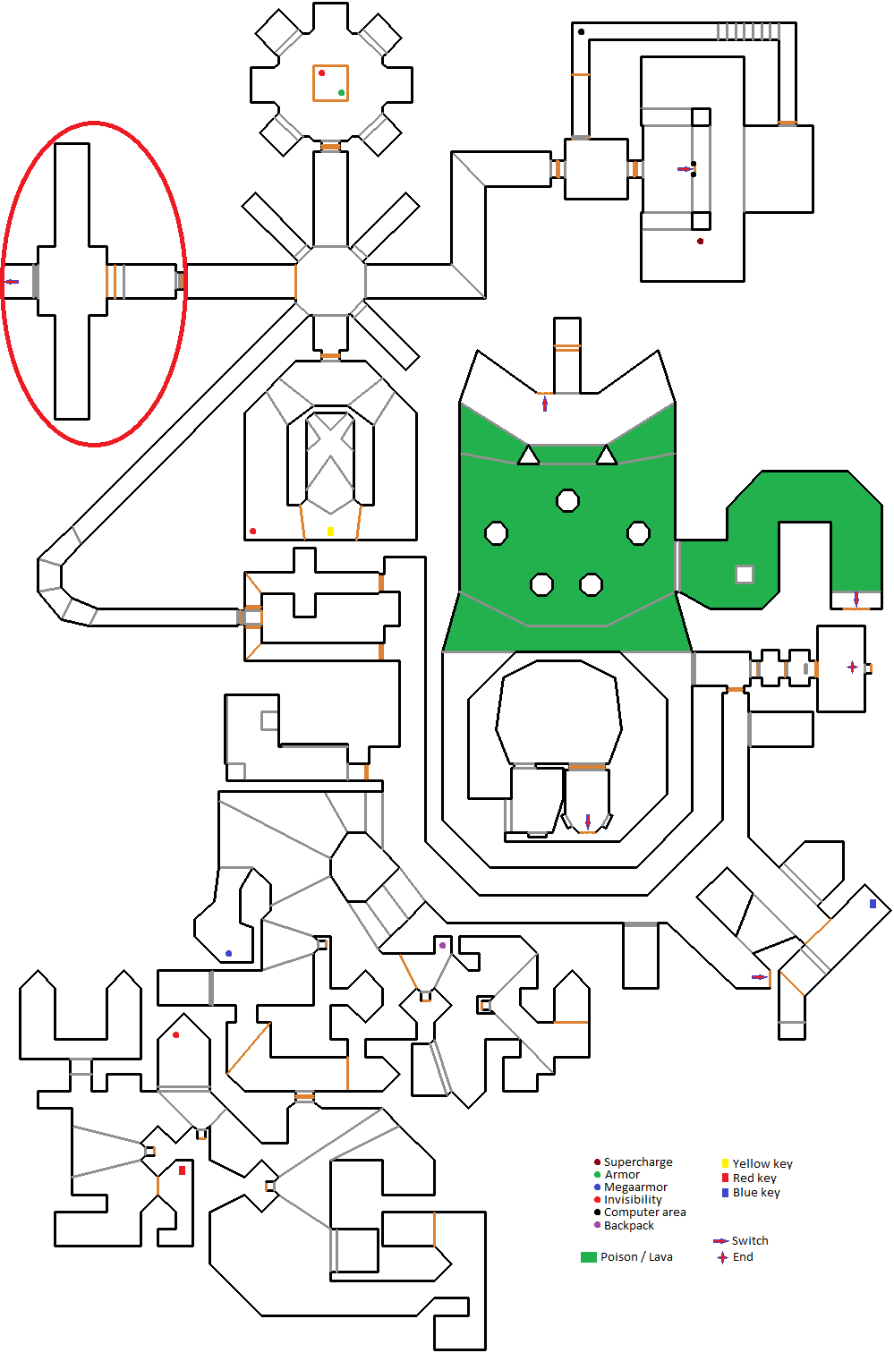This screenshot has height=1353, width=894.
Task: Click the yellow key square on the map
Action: coord(330,532)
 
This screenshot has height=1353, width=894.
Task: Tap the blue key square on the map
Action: coord(873,904)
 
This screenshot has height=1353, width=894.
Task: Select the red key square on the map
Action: coord(182,1170)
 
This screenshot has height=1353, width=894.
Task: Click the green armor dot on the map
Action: coord(341,93)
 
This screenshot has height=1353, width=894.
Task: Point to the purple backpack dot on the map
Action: coord(442,945)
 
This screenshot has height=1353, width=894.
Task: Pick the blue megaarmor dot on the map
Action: coord(228,954)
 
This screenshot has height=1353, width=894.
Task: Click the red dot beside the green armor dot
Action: coord(322,72)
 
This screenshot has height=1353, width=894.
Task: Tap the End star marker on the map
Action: coord(852,667)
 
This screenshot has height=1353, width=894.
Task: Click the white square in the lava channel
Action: coord(744,574)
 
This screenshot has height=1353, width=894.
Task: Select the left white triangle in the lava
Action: coord(529,456)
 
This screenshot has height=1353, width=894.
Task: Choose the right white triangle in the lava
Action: coord(607,456)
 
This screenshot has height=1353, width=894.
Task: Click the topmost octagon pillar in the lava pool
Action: coord(567,500)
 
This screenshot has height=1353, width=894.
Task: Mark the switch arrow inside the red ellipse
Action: coord(12,282)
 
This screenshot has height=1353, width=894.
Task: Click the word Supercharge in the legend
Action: coord(638,1162)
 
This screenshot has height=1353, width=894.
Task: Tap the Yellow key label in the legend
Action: coord(762,1163)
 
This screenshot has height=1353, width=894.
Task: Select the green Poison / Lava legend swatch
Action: coord(588,1257)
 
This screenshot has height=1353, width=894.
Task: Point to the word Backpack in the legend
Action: coord(628,1225)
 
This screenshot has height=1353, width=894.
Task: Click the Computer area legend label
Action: coord(644,1212)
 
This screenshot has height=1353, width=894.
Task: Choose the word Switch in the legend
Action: coord(750,1240)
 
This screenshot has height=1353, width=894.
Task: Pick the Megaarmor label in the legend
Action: coord(635,1187)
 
